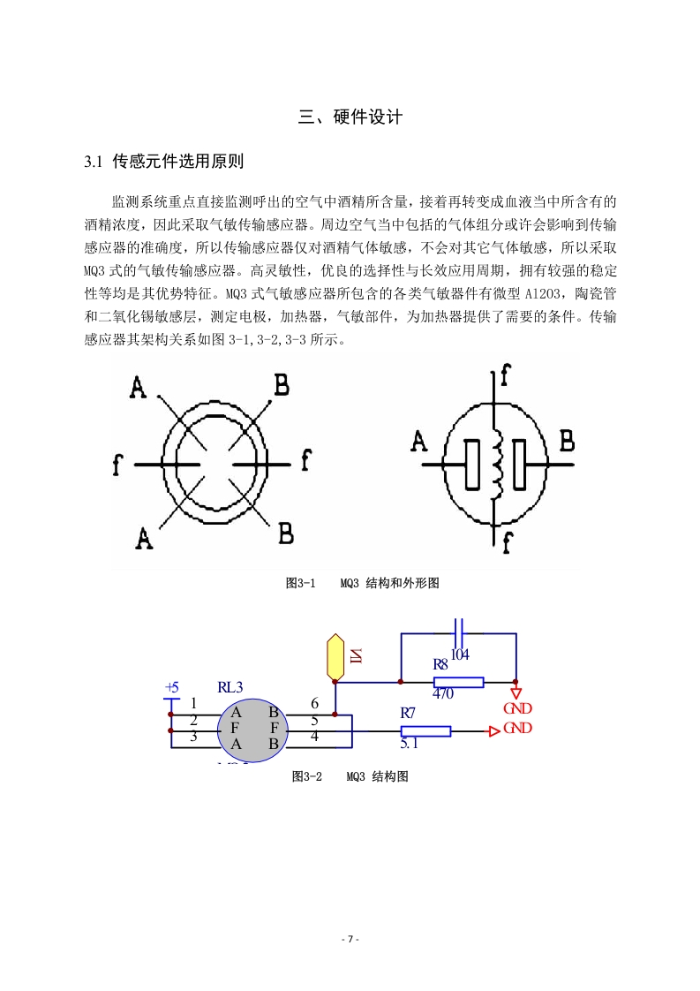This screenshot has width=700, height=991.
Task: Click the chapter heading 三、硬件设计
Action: tap(350, 117)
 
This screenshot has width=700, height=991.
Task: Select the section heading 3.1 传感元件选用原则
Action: tap(163, 162)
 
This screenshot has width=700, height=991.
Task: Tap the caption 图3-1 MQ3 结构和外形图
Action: tap(362, 583)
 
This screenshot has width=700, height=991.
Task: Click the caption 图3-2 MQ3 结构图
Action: tap(350, 776)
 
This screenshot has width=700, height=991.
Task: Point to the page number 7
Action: tap(350, 939)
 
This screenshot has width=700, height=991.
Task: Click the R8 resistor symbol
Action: tap(459, 682)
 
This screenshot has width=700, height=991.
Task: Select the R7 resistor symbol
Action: tap(425, 731)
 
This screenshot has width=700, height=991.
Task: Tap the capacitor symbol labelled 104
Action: tap(459, 632)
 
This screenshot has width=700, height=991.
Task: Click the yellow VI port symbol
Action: tap(335, 657)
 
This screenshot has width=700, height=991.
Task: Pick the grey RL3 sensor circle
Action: tap(252, 730)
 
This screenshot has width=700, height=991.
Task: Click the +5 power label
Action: tap(172, 688)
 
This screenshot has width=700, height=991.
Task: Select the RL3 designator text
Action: tap(230, 687)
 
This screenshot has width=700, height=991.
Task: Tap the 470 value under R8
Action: tap(443, 693)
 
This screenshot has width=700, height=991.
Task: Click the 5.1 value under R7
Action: tap(410, 744)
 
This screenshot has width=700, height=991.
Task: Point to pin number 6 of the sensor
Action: tap(314, 703)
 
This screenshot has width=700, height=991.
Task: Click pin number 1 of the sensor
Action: tap(193, 703)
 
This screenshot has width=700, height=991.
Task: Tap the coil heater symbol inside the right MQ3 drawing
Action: tap(497, 464)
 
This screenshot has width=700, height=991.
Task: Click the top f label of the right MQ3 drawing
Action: tap(505, 375)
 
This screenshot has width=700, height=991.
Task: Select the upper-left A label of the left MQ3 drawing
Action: tap(138, 387)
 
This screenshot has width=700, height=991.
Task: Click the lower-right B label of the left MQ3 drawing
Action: tap(285, 534)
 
